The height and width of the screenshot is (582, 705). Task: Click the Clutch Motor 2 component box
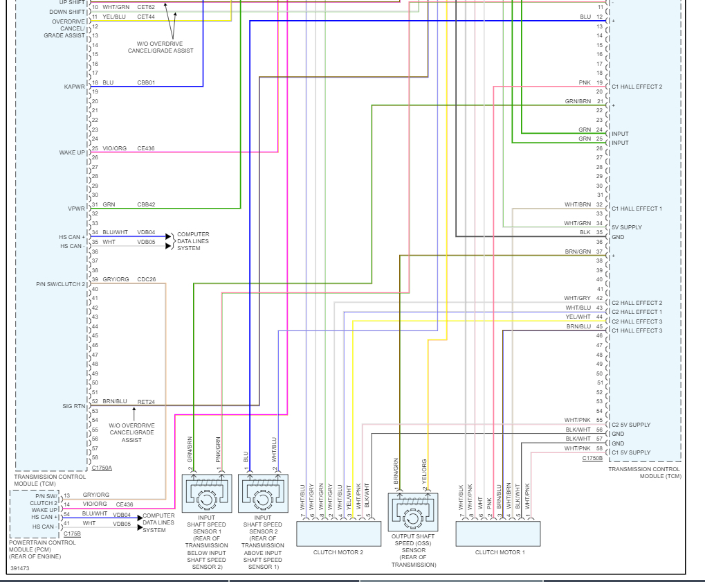click(339, 533)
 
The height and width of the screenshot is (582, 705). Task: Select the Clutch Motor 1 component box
click(498, 533)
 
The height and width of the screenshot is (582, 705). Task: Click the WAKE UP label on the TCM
click(72, 152)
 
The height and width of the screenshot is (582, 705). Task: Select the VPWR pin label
click(76, 209)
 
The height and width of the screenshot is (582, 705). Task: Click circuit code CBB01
click(146, 82)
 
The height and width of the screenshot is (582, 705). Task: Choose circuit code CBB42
click(146, 204)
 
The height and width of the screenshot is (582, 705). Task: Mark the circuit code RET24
click(146, 401)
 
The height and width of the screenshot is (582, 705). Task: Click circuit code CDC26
click(147, 279)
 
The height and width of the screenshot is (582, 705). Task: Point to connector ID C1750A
click(102, 468)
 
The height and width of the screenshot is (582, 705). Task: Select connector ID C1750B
click(592, 458)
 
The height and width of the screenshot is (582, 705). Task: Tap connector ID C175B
click(72, 533)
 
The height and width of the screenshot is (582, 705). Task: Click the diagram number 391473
click(21, 568)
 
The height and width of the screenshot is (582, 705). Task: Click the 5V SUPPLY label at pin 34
click(627, 227)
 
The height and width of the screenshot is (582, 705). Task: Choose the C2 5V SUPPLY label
click(631, 425)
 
